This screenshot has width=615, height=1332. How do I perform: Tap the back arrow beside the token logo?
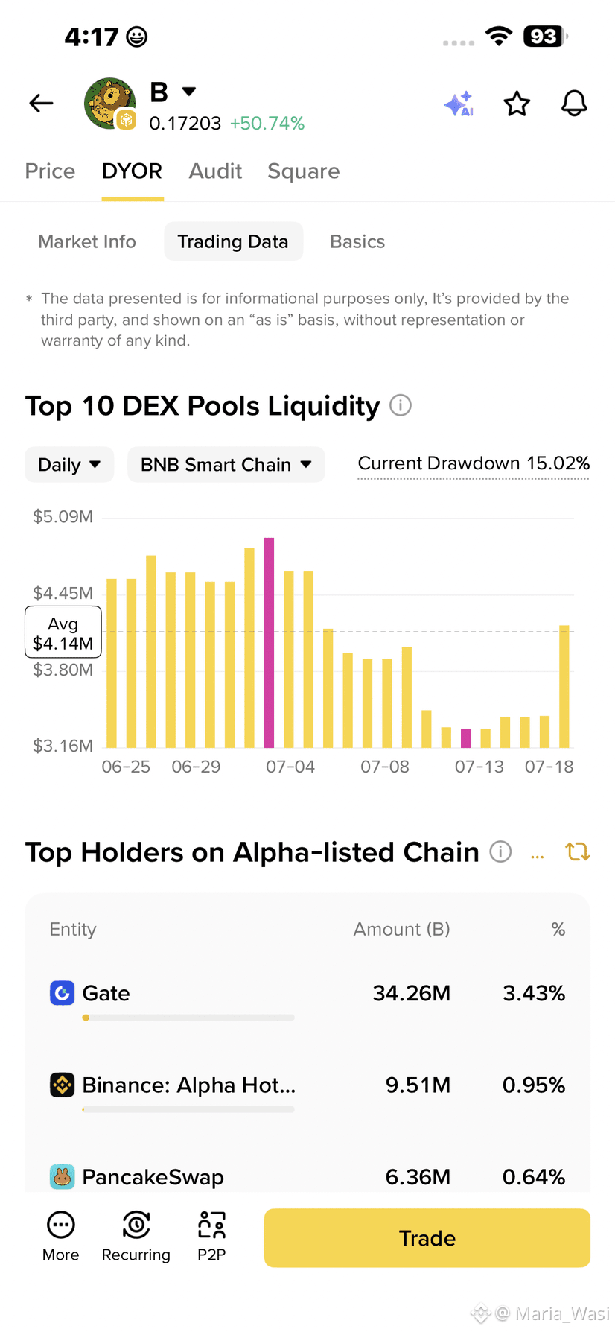point(41,103)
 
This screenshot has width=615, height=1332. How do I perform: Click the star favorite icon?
point(517,104)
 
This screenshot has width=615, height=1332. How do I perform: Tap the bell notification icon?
point(574,104)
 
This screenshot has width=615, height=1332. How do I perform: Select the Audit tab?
point(215,171)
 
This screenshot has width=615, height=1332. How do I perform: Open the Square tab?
point(304,172)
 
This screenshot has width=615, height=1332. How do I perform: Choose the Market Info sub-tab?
point(87,241)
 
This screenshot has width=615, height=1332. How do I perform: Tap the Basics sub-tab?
point(357,241)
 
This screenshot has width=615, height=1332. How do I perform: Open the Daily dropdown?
point(69,465)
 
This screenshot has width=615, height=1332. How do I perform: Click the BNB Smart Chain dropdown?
point(226,465)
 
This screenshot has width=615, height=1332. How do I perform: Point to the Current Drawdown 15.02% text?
point(474,463)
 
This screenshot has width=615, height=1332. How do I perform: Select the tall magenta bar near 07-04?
point(270,642)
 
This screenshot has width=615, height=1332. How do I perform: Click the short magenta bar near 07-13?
point(466,738)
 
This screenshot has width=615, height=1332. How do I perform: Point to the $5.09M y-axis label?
point(63,517)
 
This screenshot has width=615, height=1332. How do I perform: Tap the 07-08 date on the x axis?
point(385,767)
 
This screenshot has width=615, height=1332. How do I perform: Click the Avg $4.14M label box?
point(63,632)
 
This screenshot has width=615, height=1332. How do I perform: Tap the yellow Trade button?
point(427,1238)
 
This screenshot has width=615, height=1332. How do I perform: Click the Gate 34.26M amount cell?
point(412,993)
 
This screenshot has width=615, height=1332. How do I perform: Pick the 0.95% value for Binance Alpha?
point(534,1085)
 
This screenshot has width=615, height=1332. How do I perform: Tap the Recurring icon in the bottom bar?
point(136,1225)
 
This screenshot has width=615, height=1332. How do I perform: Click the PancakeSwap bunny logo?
point(62,1177)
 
